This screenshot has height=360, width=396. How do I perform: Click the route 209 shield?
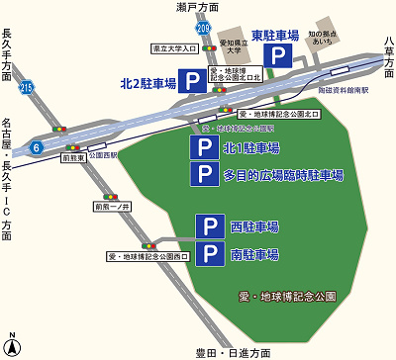pyautogui.click(x=203, y=29)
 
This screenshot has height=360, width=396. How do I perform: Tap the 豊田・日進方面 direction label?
pyautogui.click(x=233, y=352)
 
